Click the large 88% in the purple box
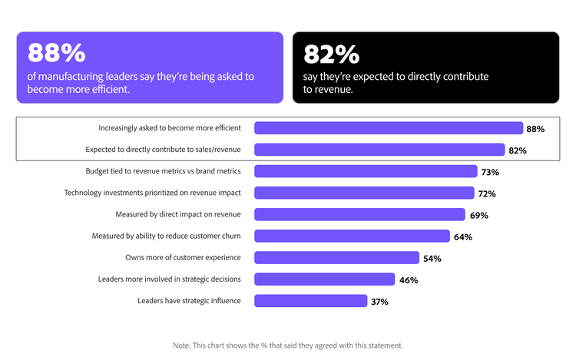56,53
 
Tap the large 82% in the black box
331,54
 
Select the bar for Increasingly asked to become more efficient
388,128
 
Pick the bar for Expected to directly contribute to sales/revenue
379,150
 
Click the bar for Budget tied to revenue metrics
366,171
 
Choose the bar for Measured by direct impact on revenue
359,215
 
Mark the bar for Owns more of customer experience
336,258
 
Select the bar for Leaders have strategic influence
310,301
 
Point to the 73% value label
490,172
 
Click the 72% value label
487,193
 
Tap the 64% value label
462,237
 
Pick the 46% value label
408,280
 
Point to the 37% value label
379,302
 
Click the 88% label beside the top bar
535,129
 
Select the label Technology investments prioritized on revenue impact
152,193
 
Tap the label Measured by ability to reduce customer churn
166,236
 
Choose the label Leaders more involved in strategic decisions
170,279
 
